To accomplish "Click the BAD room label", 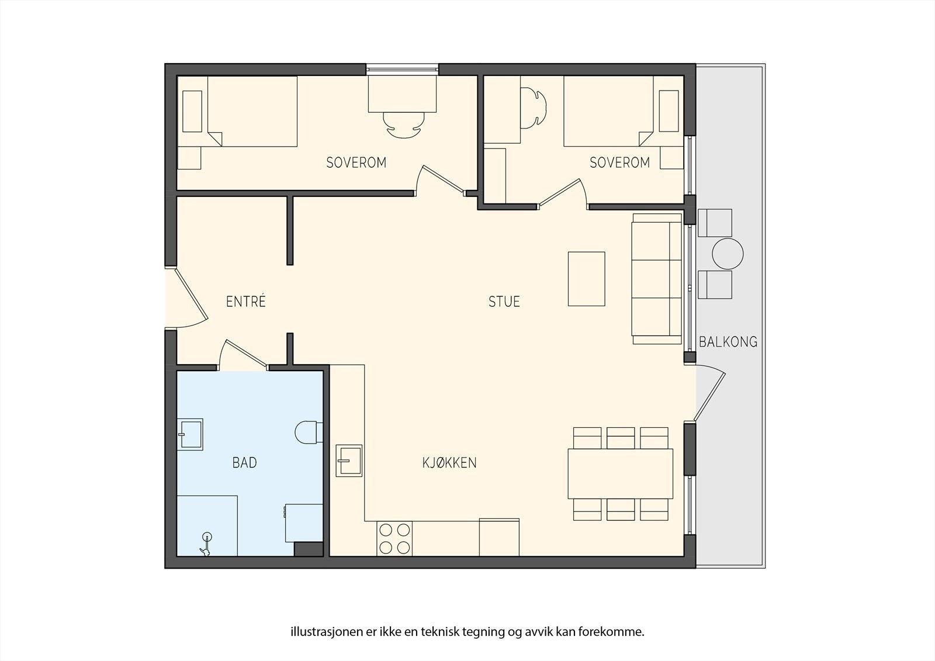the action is click(245, 463).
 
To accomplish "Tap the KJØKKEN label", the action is click(449, 463).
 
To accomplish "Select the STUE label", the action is click(504, 302).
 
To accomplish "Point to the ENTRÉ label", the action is click(246, 301).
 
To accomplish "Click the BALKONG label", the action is click(728, 342).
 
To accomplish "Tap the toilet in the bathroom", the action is click(309, 432).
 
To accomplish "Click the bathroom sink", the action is click(190, 434).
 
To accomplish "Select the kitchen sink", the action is click(349, 461).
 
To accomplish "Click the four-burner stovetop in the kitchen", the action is click(394, 539).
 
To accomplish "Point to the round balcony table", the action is click(728, 254).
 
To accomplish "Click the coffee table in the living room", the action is click(587, 279).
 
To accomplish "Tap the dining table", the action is click(620, 473).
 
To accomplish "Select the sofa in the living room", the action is click(657, 279).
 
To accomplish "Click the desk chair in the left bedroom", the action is click(403, 125).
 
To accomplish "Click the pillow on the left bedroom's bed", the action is click(192, 111).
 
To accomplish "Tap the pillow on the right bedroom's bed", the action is click(669, 111).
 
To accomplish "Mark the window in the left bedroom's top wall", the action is click(403, 70).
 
